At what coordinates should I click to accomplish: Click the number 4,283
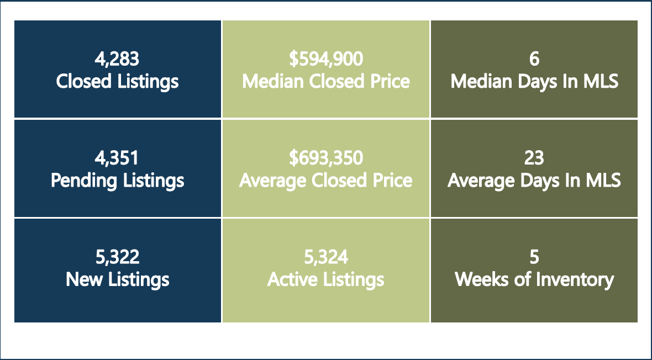tap(117, 59)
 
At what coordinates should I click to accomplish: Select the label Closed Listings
tap(117, 82)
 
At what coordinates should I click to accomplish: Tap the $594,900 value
tap(326, 59)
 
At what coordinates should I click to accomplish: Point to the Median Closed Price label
tap(326, 82)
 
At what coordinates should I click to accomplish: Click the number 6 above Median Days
tap(534, 59)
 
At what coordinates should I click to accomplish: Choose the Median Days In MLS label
tap(534, 82)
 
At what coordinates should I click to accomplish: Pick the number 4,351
tap(117, 158)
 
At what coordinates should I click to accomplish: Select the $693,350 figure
tap(326, 158)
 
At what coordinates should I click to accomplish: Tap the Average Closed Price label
tap(326, 181)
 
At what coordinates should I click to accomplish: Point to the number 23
tap(534, 158)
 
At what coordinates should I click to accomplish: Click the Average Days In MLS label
tap(534, 181)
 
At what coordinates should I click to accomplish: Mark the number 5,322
tap(117, 257)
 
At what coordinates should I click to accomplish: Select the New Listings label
tap(117, 279)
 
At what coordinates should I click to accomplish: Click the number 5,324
tap(326, 257)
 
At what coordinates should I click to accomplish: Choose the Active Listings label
tap(326, 279)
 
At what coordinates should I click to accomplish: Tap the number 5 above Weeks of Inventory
tap(534, 258)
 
